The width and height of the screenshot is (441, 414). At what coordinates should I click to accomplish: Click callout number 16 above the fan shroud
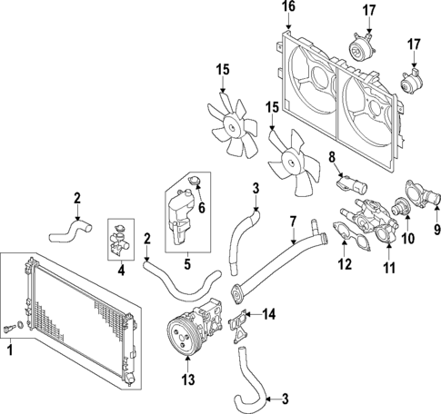[x=288, y=7]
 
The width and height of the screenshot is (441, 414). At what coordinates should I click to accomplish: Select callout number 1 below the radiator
[x=11, y=348]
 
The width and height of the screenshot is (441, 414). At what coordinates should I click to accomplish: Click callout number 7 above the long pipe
[x=293, y=220]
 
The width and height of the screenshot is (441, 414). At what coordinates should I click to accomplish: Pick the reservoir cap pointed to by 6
[x=193, y=188]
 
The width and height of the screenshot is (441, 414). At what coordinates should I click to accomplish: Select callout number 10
[x=407, y=239]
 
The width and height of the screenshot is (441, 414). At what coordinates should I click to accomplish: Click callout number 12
[x=343, y=265]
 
